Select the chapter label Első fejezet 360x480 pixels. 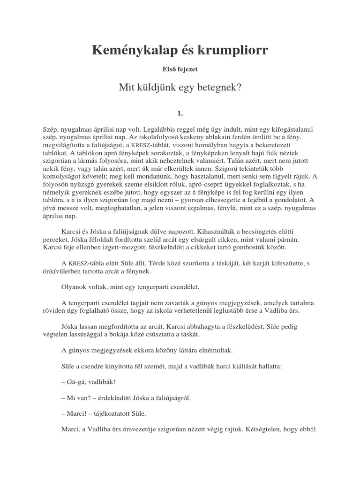[180, 70]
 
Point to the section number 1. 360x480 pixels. [180, 113]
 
